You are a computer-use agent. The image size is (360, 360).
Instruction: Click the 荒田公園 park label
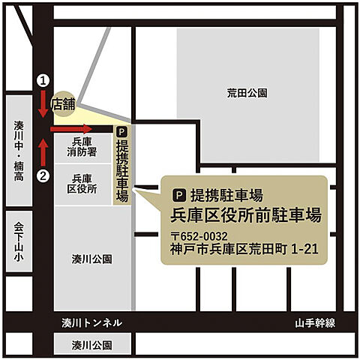click(247, 93)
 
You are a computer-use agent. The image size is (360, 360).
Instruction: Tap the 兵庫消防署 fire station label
click(82, 146)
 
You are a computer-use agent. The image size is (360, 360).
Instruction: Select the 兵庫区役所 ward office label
click(82, 183)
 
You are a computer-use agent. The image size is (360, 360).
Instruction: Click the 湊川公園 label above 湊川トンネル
click(92, 259)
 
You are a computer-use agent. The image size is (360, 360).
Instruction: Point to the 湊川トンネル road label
click(91, 323)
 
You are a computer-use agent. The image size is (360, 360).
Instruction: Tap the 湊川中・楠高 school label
click(19, 149)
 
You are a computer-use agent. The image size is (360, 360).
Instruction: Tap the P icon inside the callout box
click(178, 193)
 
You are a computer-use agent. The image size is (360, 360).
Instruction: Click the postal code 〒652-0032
click(199, 236)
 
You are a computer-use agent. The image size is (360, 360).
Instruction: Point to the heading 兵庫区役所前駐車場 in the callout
click(246, 215)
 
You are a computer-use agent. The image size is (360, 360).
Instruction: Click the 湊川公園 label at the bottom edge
click(91, 346)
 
